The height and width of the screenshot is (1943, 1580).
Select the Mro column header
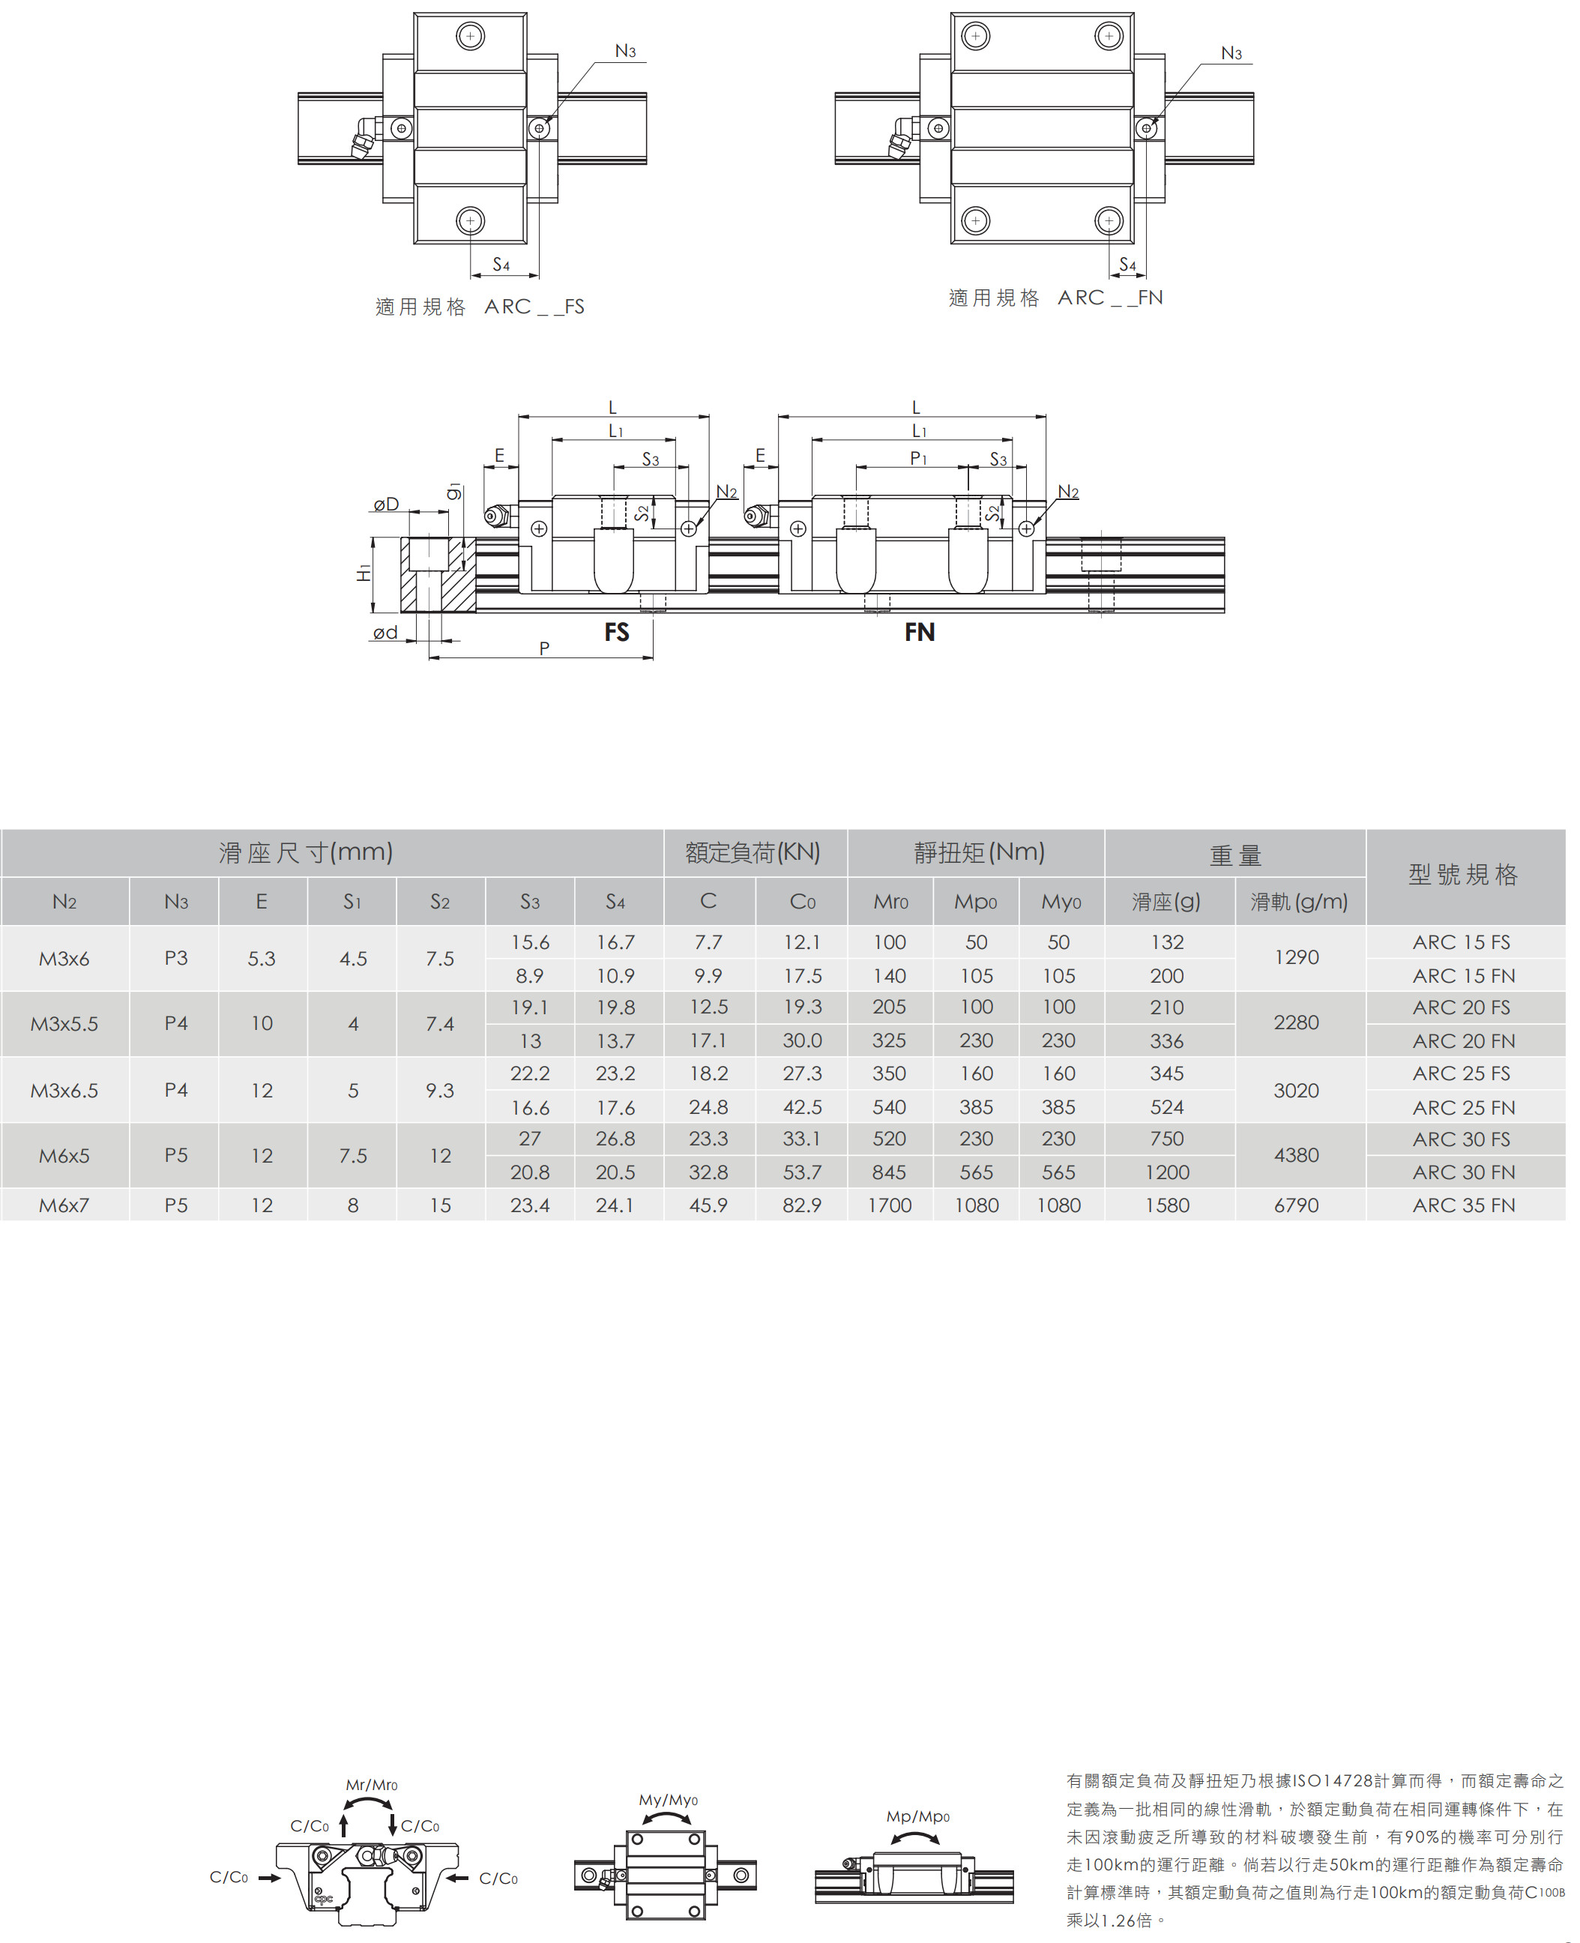click(x=890, y=902)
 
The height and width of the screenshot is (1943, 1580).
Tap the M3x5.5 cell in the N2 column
click(x=64, y=1024)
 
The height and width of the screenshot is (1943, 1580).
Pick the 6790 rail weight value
click(x=1296, y=1205)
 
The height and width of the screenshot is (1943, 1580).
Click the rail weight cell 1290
click(x=1296, y=957)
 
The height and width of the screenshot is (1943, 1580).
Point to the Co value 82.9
click(x=802, y=1205)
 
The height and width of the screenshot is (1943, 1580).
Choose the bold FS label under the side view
click(x=616, y=632)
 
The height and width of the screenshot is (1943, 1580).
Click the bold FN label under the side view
click(x=919, y=632)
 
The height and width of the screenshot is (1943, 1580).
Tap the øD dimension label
click(x=386, y=503)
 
